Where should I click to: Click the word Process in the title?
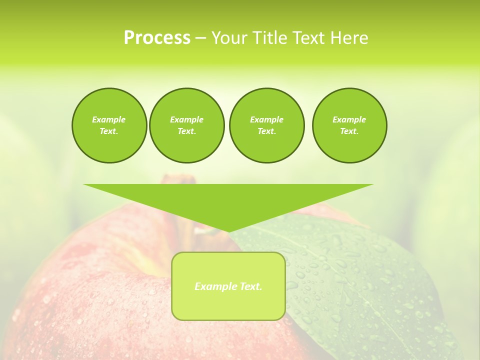point(157,38)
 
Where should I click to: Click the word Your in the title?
point(228,38)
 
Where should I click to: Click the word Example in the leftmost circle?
point(109,119)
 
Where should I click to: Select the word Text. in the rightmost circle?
point(349,131)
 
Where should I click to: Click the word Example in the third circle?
point(266,119)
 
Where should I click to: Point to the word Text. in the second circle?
point(186,131)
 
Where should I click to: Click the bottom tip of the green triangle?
point(228,231)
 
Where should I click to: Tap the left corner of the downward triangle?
point(85,185)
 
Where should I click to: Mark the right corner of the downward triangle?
point(371,185)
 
